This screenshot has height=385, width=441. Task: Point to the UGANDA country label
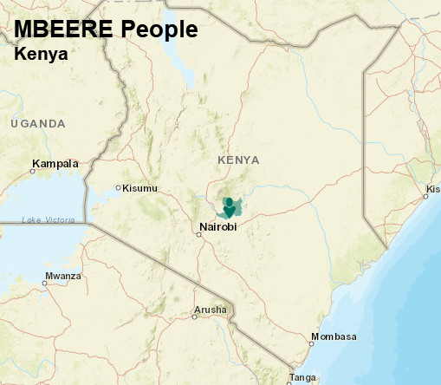pos(38,124)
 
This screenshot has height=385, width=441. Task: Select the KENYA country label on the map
pos(238,160)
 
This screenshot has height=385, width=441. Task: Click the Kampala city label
pos(55,163)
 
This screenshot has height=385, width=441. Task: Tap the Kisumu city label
pos(140,188)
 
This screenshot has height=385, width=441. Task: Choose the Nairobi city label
pos(217,227)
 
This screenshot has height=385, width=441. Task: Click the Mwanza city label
pos(65,276)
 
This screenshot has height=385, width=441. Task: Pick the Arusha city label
pos(211,310)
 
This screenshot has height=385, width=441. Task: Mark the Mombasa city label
pos(334,336)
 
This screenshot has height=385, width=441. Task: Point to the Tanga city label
pos(302,377)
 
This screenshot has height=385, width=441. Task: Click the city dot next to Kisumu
pos(119,188)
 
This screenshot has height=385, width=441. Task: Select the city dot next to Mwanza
pos(45,282)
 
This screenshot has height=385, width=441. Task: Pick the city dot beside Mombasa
pos(312,342)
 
